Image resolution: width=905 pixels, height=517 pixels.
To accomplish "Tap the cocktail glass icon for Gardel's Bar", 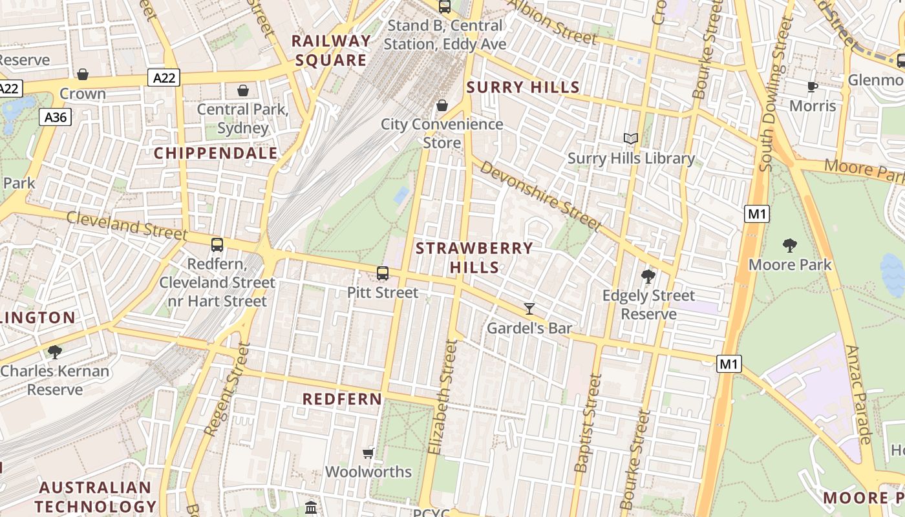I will [x=529, y=309].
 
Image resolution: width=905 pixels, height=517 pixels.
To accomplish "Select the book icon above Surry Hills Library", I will [x=630, y=138].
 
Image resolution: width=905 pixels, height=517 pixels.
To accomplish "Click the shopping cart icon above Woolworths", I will [x=368, y=453].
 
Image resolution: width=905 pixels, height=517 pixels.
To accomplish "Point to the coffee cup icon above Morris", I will [x=813, y=87].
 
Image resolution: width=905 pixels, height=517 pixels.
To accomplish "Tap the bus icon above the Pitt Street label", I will [x=383, y=273].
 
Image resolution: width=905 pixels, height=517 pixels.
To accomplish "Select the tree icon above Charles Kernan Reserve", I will [x=55, y=352].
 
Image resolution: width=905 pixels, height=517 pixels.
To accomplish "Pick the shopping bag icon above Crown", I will [x=83, y=74].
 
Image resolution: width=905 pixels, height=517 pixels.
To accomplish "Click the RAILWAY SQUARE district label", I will [x=332, y=50].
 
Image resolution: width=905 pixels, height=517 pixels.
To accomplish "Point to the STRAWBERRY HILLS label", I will [x=474, y=257].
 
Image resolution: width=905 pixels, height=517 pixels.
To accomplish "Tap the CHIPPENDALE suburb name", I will [x=216, y=153].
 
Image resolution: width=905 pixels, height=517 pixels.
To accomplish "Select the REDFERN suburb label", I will [x=343, y=399].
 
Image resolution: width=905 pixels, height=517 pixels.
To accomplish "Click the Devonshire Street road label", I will [x=541, y=195].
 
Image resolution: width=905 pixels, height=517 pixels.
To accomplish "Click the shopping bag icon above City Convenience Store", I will [x=442, y=105].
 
